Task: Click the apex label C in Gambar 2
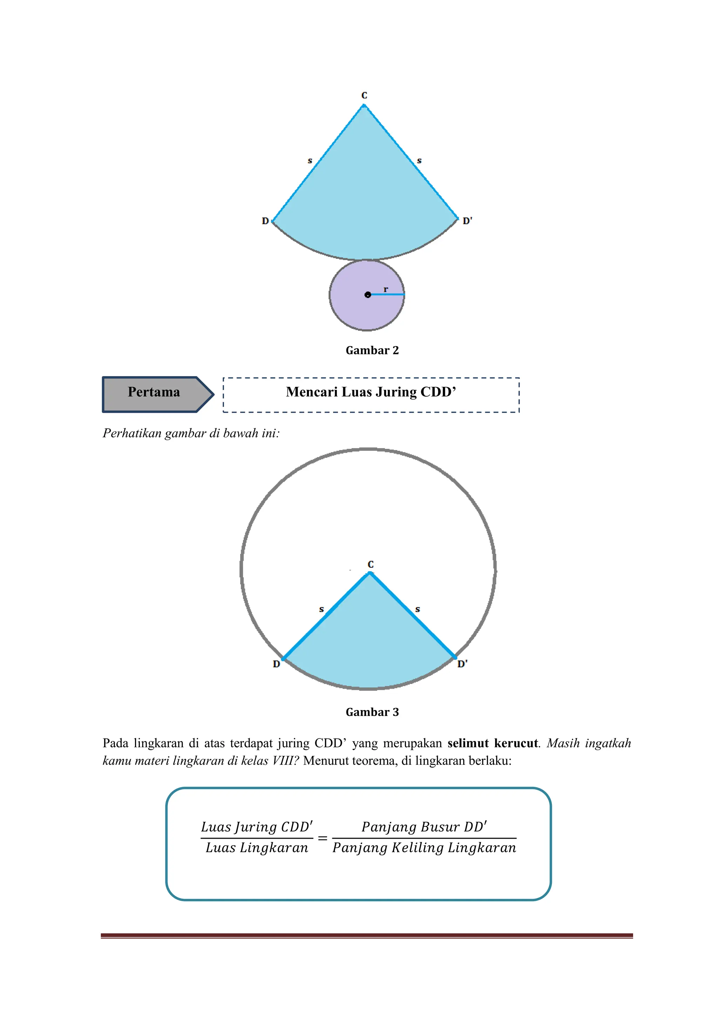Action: (x=364, y=95)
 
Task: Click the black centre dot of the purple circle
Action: (x=368, y=294)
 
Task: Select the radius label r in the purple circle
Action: (x=386, y=289)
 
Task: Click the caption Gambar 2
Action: (x=372, y=350)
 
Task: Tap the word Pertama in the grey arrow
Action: (x=154, y=392)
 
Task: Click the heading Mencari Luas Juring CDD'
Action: (x=371, y=392)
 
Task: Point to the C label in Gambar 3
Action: (x=371, y=565)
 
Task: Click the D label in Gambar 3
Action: (x=276, y=664)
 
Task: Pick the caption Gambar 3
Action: (x=372, y=712)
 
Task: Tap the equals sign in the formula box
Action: (x=323, y=838)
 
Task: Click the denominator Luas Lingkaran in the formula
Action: (x=257, y=848)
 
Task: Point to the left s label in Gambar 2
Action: (x=310, y=161)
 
